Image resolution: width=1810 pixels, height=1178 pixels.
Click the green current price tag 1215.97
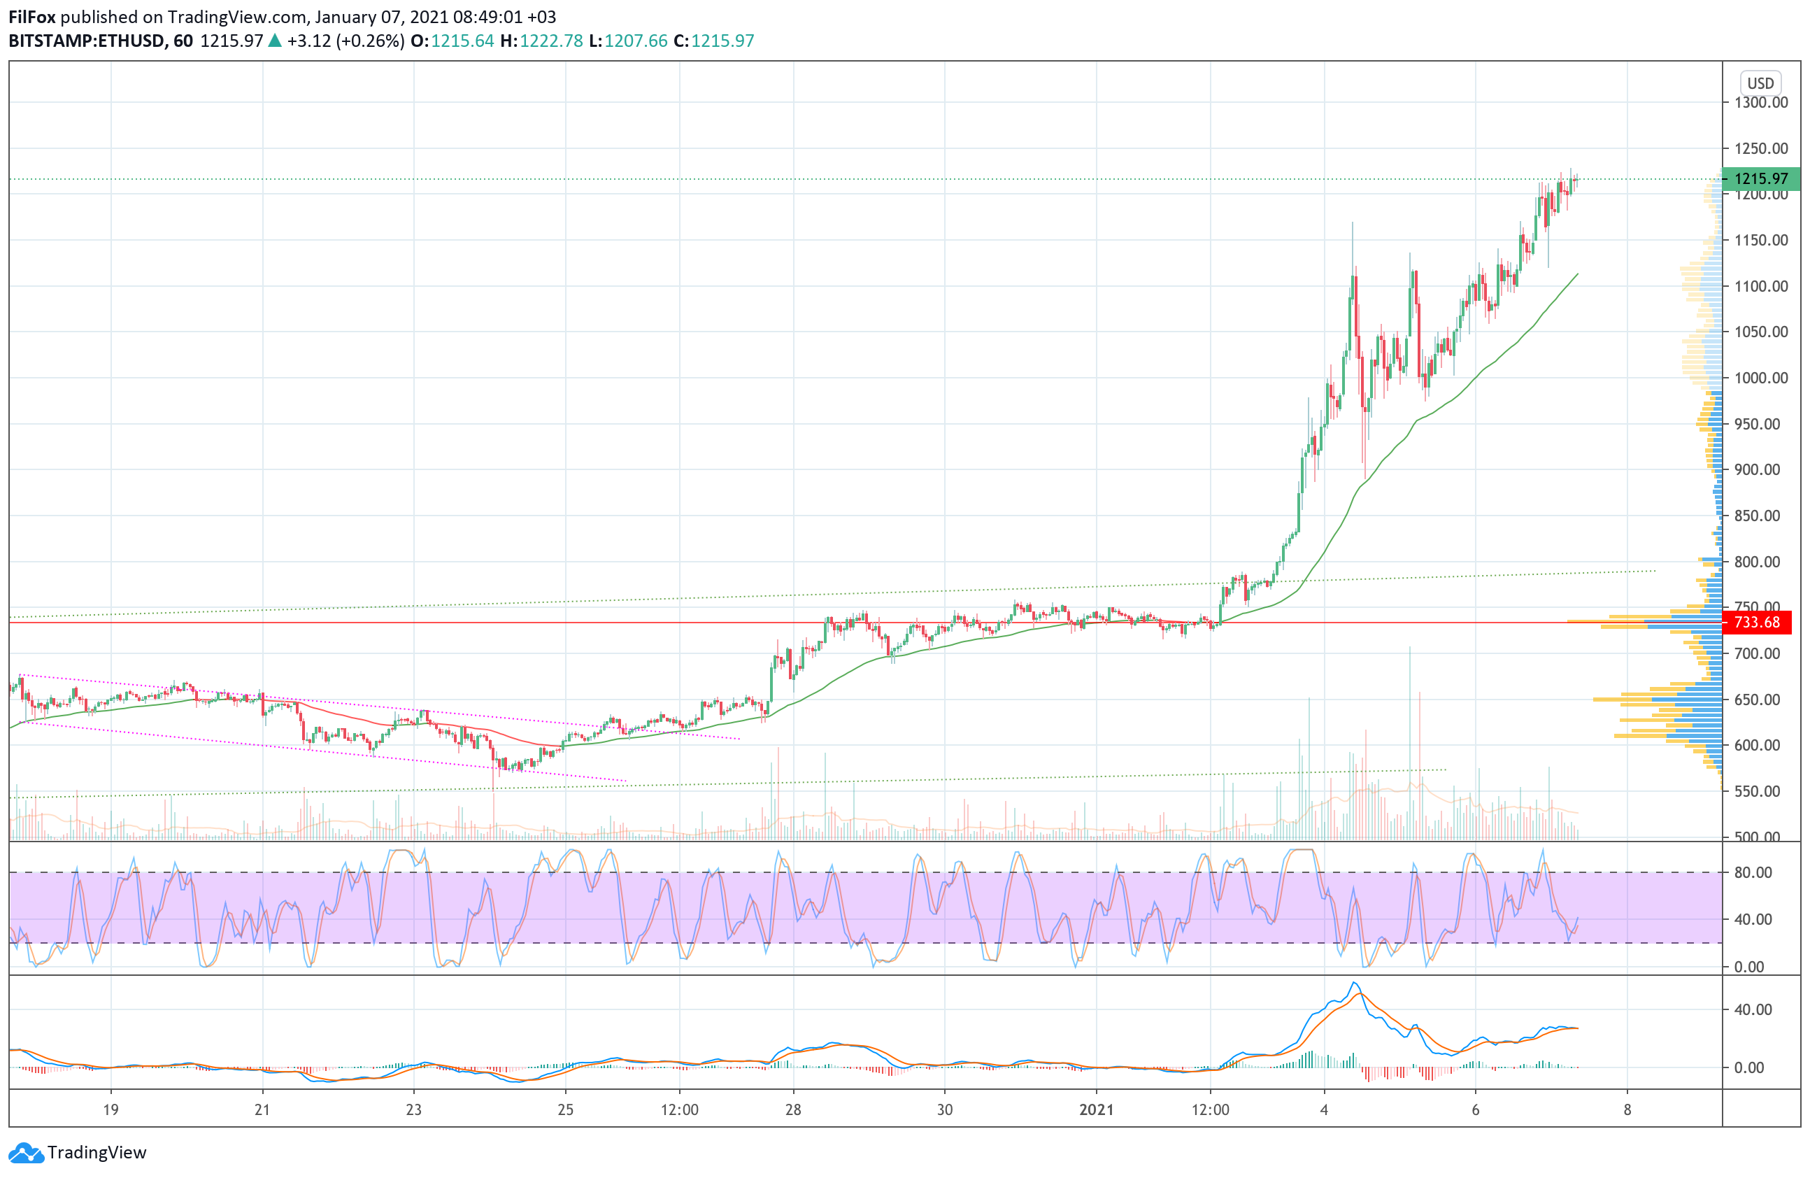(x=1760, y=178)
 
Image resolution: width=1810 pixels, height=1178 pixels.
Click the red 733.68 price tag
(x=1756, y=622)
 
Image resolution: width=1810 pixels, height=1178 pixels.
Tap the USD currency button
(x=1760, y=83)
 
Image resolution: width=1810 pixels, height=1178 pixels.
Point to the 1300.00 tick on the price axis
(x=1760, y=102)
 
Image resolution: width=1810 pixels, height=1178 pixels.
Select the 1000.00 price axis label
(x=1760, y=378)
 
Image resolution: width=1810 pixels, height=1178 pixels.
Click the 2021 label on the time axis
(x=1096, y=1109)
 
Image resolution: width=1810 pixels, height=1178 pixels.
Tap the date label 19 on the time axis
(x=111, y=1109)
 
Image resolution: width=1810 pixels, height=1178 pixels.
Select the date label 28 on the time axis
(x=793, y=1109)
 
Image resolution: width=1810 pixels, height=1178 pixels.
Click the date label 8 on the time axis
(x=1627, y=1109)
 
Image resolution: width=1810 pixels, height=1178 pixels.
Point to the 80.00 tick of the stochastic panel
(x=1753, y=872)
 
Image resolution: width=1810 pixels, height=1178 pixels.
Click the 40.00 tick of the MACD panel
(x=1753, y=1009)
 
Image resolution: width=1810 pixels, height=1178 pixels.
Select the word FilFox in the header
(x=32, y=17)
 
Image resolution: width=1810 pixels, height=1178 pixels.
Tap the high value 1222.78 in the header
(x=550, y=41)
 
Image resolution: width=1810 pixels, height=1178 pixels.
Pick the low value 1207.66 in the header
(x=636, y=41)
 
